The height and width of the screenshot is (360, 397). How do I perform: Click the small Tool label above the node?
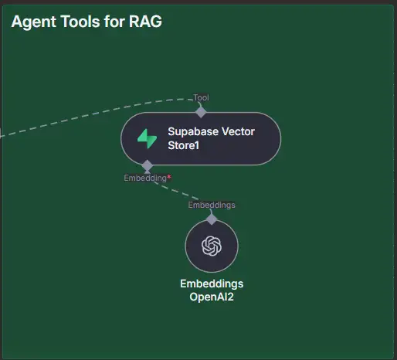pyautogui.click(x=201, y=97)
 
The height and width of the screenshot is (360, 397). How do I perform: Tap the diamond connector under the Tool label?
pyautogui.click(x=201, y=112)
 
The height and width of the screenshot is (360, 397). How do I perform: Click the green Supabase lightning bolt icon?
pyautogui.click(x=147, y=138)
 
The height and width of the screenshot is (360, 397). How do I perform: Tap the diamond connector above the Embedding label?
pyautogui.click(x=148, y=165)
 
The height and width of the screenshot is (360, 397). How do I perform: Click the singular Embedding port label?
pyautogui.click(x=144, y=178)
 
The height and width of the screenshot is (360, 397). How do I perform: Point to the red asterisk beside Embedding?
pyautogui.click(x=168, y=177)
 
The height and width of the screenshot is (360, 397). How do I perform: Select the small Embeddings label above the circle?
pyautogui.click(x=212, y=205)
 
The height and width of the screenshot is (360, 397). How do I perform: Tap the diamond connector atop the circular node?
pyautogui.click(x=212, y=219)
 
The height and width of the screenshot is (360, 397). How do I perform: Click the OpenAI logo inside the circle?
pyautogui.click(x=212, y=246)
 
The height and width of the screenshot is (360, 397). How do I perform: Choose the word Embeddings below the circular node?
pyautogui.click(x=212, y=284)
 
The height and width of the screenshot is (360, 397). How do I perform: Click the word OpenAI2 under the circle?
pyautogui.click(x=212, y=297)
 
